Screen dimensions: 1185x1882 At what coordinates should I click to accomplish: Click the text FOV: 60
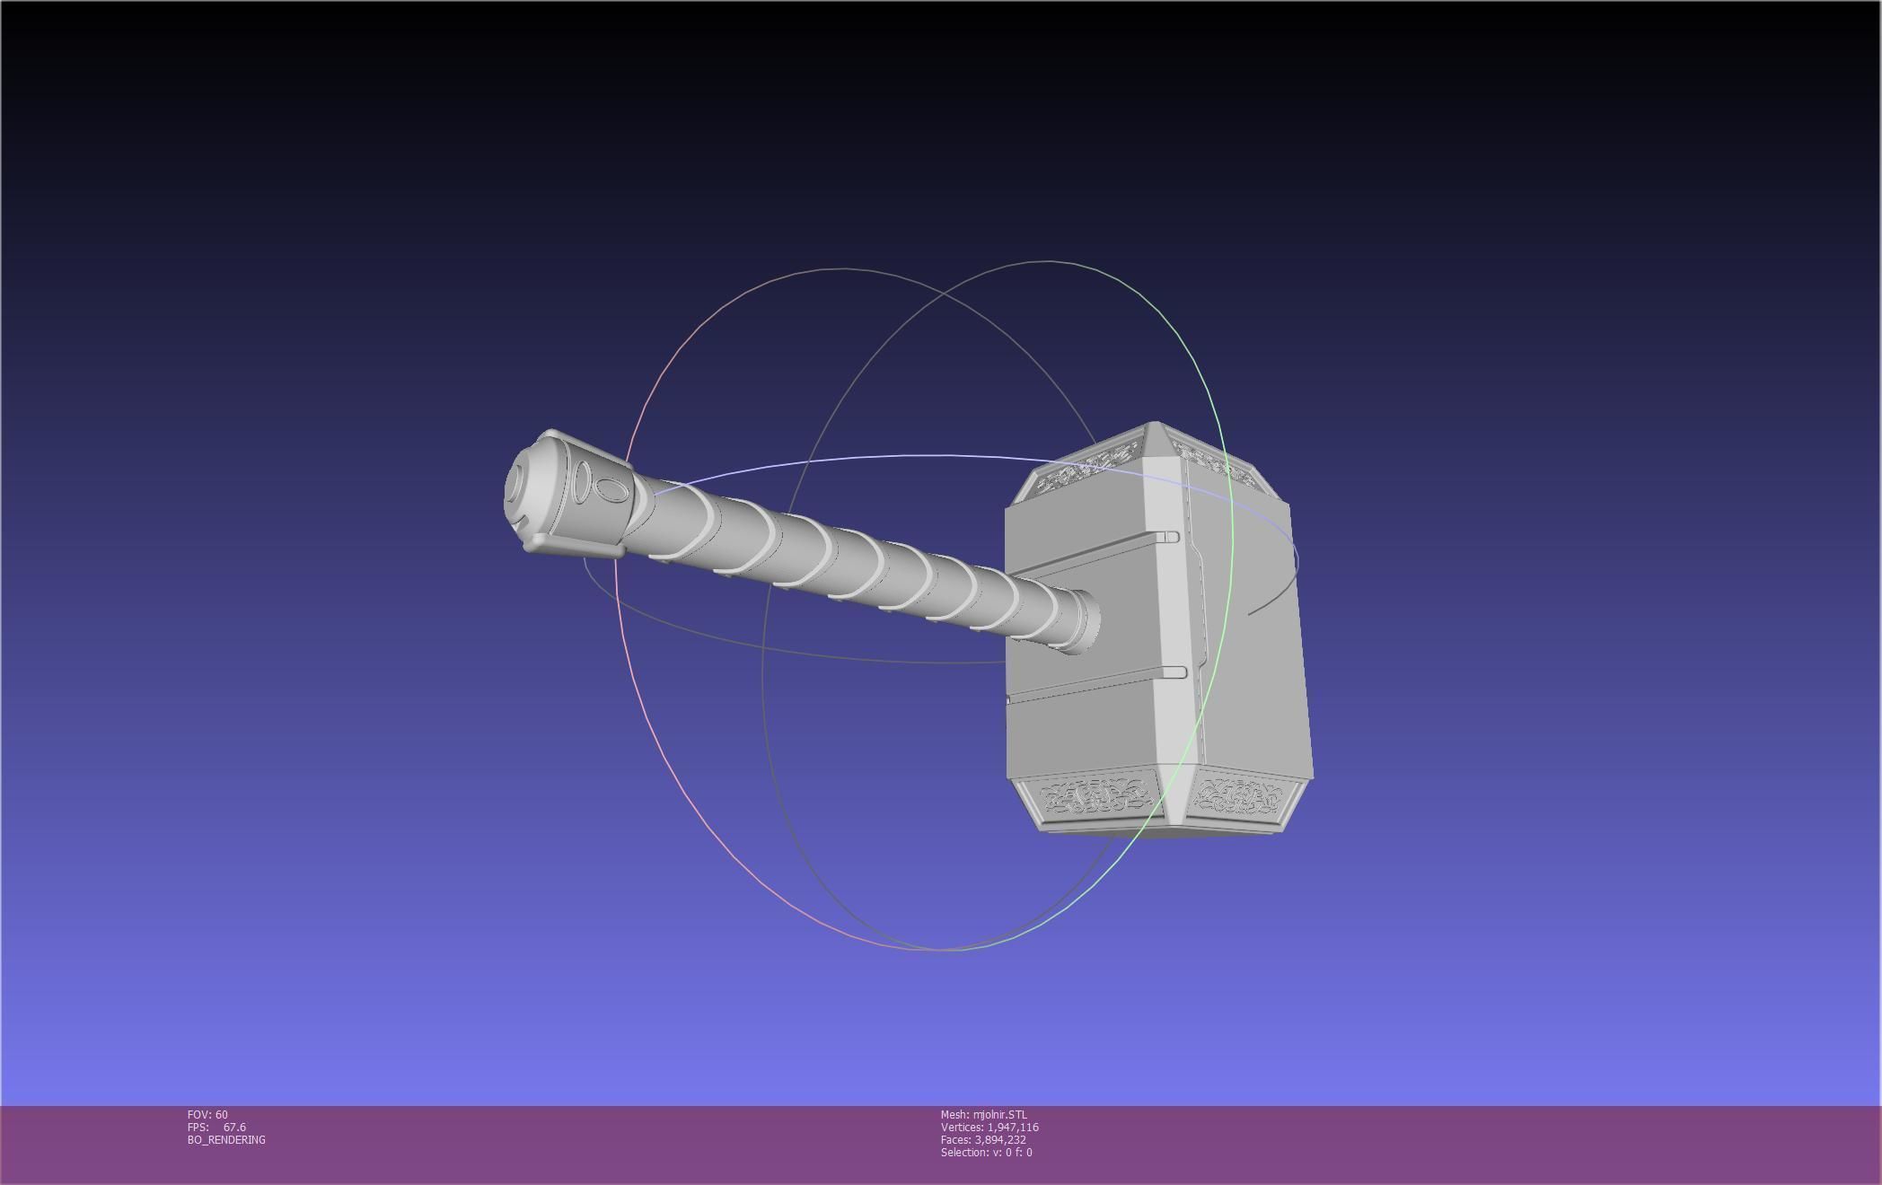click(207, 1115)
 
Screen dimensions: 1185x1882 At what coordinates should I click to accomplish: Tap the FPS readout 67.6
click(234, 1128)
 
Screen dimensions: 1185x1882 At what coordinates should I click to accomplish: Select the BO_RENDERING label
click(226, 1140)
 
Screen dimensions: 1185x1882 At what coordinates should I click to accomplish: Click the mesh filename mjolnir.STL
click(999, 1115)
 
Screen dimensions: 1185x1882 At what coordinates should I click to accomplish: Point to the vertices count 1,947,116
click(1012, 1128)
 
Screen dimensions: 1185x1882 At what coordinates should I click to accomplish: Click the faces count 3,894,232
click(999, 1140)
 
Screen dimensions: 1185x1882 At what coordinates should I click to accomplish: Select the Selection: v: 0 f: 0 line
click(986, 1153)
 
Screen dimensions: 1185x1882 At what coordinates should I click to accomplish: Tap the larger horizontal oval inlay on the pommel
click(611, 490)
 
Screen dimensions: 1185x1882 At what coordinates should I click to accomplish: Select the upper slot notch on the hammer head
click(1169, 537)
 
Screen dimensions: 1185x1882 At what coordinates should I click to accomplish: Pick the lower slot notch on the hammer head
click(1174, 672)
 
